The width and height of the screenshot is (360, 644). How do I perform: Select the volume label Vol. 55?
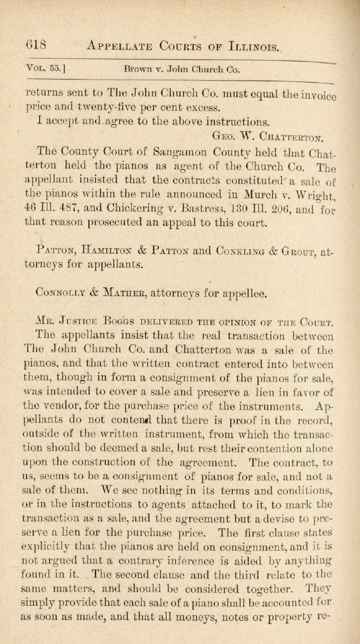click(x=46, y=69)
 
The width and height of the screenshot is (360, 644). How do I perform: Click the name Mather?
click(x=130, y=293)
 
